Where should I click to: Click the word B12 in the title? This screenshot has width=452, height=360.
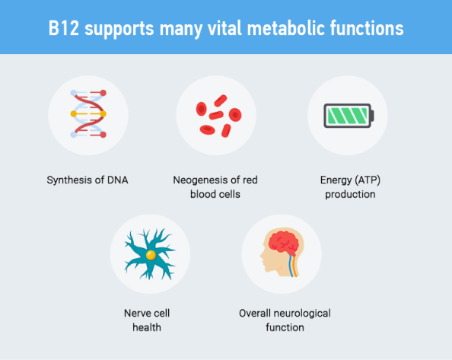pos(63,28)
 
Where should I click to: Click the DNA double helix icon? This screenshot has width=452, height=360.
pos(88,114)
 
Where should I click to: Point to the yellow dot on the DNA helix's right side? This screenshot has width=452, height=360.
pos(103,114)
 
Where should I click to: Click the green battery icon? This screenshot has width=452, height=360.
pos(349,116)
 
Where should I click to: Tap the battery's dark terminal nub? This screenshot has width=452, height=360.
pos(372,116)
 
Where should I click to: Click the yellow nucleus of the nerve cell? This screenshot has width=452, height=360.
pos(151,255)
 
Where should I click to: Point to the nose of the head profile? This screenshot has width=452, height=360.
pos(261,256)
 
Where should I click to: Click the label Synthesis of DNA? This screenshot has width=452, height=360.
pos(88,180)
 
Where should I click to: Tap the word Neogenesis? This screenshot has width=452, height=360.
pos(196,180)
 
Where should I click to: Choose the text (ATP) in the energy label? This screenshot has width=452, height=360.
pos(368,180)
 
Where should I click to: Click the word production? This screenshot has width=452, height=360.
pos(350,195)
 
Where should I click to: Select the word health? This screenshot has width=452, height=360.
pos(147,327)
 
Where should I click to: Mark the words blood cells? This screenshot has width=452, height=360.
pos(215,194)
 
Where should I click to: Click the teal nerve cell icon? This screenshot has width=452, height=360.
pos(150,254)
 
